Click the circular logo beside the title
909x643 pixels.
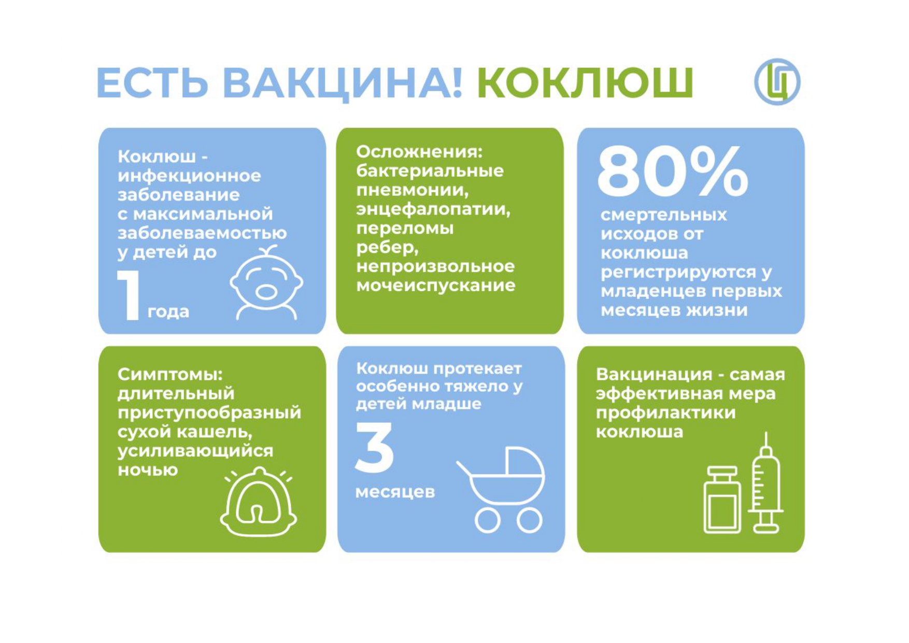777,82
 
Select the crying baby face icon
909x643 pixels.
266,282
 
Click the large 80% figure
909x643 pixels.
673,171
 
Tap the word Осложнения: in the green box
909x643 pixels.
419,151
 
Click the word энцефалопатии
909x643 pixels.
433,209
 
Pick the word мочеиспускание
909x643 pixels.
436,285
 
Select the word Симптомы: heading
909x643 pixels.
170,374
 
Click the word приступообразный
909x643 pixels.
209,413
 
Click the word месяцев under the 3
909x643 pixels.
395,492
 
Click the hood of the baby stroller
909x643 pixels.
524,461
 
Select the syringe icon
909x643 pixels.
765,482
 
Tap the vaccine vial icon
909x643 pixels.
722,499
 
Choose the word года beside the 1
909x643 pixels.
168,312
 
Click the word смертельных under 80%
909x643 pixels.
664,215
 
